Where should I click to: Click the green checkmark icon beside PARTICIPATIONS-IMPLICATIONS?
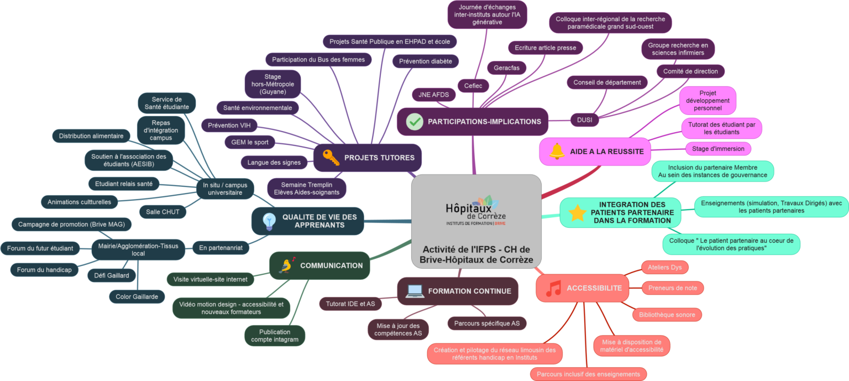415,122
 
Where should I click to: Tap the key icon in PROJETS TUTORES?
331,158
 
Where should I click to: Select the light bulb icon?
269,221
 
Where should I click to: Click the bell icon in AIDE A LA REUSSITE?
557,151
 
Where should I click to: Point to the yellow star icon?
577,213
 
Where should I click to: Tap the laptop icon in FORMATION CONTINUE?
415,291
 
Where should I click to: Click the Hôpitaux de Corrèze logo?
476,211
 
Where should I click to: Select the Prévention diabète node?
426,61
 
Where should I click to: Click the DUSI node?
584,119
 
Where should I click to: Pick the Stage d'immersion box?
718,149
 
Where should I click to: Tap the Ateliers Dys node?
665,268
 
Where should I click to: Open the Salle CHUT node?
163,211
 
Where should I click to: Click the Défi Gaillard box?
108,275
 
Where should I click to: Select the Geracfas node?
507,67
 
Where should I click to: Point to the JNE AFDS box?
433,95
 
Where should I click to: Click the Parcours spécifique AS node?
486,323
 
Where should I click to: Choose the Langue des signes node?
274,163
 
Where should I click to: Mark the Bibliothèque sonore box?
667,315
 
